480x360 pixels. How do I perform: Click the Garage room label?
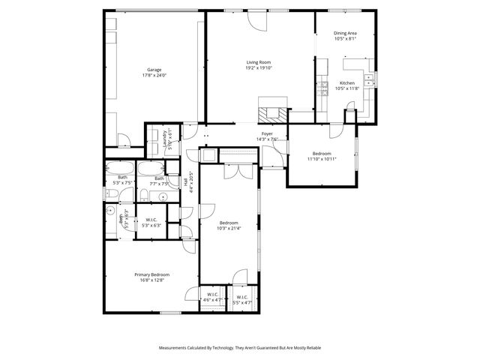click(154, 70)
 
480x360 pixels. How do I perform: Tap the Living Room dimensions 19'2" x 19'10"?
click(259, 67)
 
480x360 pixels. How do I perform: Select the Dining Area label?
click(345, 33)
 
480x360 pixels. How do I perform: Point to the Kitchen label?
click(346, 82)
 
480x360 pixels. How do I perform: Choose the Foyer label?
click(266, 133)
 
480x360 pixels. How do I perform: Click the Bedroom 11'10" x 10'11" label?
click(322, 153)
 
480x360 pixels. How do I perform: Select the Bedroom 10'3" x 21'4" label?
click(229, 223)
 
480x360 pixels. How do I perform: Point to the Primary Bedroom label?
click(151, 275)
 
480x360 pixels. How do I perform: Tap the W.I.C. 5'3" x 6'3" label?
click(151, 220)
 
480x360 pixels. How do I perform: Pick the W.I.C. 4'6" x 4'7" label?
click(212, 294)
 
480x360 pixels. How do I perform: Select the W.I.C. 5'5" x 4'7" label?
click(242, 297)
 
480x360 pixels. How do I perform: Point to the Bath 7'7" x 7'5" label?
click(159, 178)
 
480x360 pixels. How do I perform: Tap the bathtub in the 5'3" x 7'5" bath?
click(120, 166)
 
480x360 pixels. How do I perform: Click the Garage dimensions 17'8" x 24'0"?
click(154, 76)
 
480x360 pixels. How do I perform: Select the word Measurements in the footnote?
click(174, 348)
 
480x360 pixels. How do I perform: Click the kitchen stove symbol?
click(322, 88)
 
